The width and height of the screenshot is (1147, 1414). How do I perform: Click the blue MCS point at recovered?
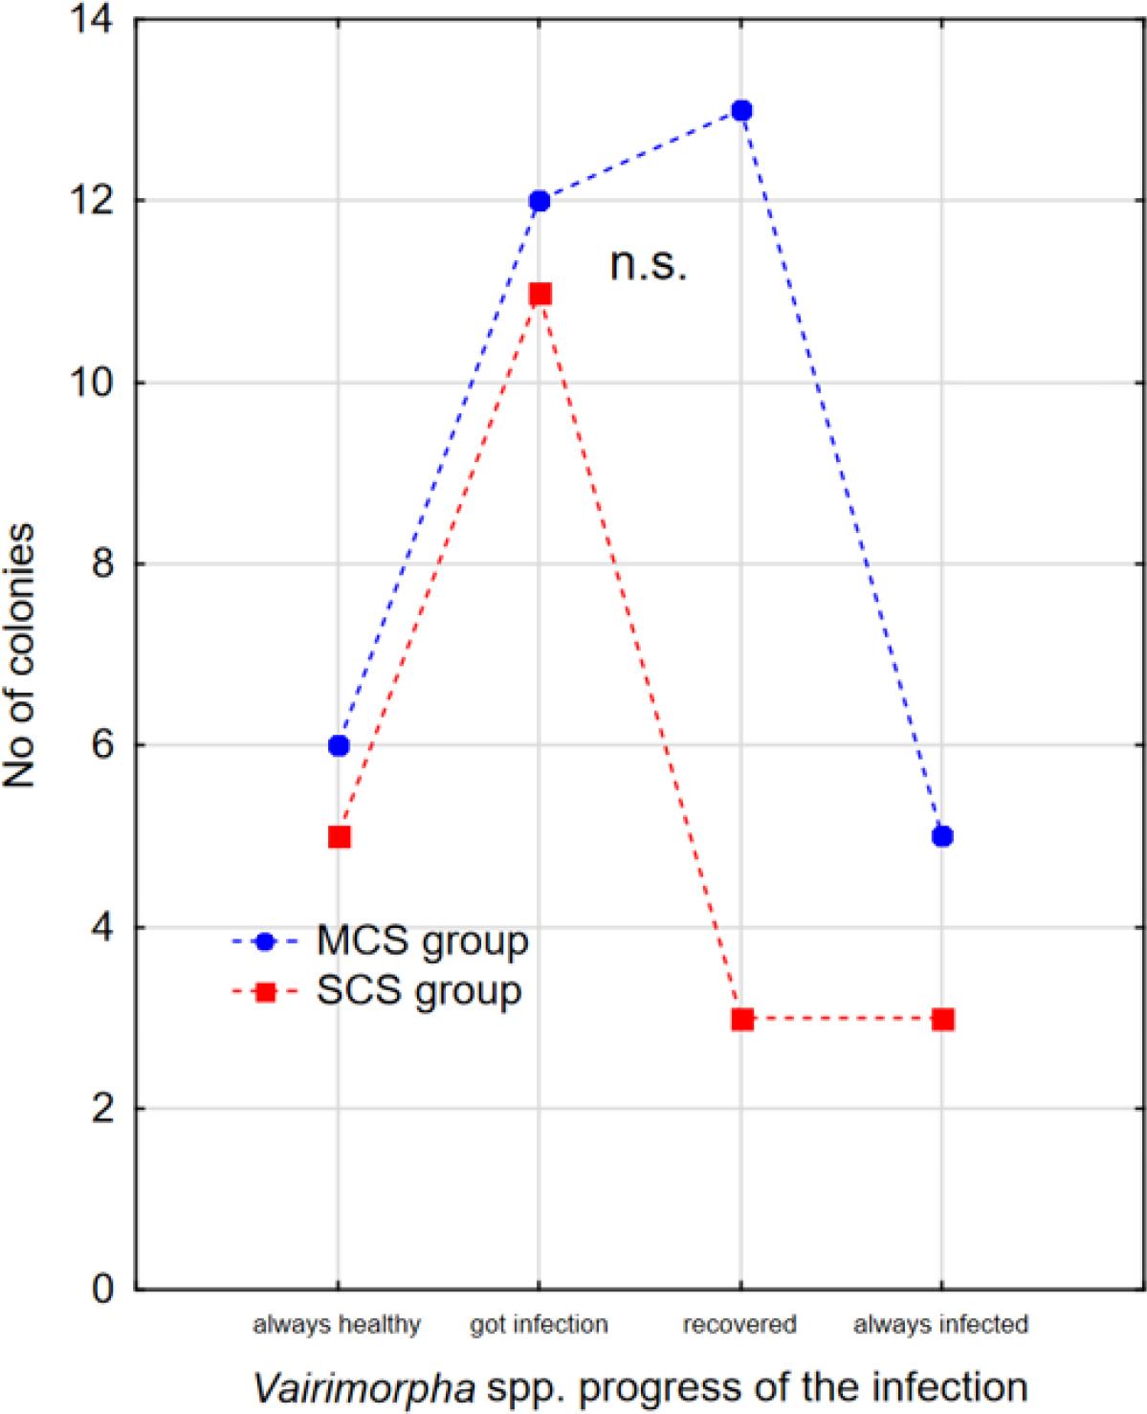[x=741, y=110]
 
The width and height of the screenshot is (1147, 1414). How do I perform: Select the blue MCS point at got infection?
[x=540, y=201]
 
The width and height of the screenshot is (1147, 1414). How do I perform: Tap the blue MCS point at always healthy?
[x=339, y=746]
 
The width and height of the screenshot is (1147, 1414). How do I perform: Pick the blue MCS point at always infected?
[x=942, y=836]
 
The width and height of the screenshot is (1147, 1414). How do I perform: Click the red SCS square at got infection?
[x=540, y=294]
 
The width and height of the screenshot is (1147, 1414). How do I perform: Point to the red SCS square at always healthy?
[x=339, y=837]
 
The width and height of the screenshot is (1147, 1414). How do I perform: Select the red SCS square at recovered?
[x=742, y=1019]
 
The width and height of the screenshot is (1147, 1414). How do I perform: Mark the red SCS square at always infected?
[x=942, y=1019]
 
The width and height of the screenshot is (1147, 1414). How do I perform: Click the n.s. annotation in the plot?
[x=649, y=265]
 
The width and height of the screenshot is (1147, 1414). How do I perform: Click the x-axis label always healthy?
[x=336, y=1324]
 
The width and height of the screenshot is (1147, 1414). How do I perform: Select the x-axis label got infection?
[x=539, y=1324]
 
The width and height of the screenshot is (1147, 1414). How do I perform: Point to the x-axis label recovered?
[x=739, y=1324]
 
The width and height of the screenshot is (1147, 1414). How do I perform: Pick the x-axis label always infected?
[x=940, y=1324]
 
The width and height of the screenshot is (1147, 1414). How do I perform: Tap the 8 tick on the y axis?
[x=98, y=563]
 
